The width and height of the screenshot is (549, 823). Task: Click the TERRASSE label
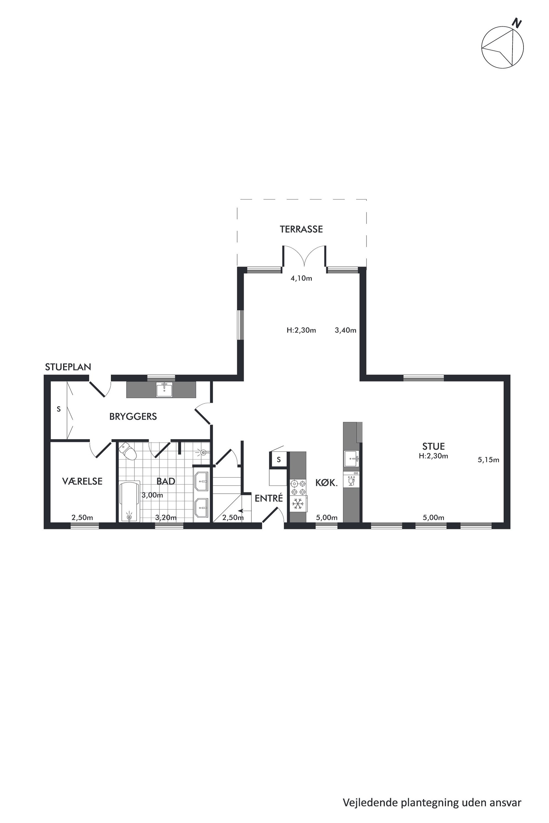[301, 229]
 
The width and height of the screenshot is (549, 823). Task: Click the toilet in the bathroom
[128, 451]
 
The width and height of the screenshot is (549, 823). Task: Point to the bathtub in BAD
[130, 502]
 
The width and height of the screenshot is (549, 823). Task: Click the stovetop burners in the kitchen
[298, 488]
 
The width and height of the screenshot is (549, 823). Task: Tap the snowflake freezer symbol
[298, 504]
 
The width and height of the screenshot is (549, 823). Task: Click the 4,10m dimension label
[301, 278]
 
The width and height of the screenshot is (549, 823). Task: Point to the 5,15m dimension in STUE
[488, 460]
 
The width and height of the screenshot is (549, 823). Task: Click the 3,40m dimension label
[346, 330]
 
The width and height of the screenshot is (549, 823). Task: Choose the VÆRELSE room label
[82, 481]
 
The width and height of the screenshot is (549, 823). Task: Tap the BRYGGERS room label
[133, 416]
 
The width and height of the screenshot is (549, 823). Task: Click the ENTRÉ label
[268, 498]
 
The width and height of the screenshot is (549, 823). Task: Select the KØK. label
[326, 483]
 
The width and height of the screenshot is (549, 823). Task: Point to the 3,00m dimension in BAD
[152, 495]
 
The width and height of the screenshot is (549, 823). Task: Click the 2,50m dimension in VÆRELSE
[82, 517]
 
